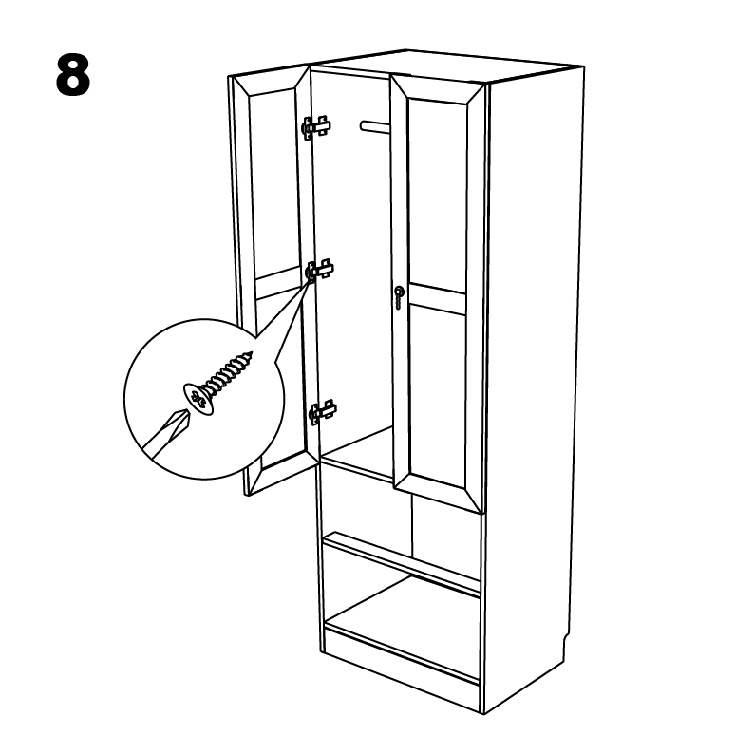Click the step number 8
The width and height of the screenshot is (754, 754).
73,75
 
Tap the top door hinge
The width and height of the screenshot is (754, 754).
316,127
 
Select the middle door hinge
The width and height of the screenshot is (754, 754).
319,271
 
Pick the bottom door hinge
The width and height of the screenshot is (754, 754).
322,411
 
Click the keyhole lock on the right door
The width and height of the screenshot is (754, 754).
399,296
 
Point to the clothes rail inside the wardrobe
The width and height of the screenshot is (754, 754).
375,126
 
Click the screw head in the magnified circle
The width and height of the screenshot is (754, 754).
198,399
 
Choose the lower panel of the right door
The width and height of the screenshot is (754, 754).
439,394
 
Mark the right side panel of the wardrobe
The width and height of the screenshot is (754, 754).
533,385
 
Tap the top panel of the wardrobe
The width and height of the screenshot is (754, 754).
447,66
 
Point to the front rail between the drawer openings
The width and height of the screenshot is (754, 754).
402,562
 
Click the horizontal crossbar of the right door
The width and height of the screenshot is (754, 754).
438,298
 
